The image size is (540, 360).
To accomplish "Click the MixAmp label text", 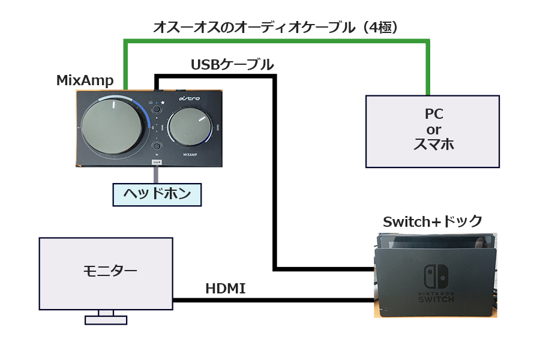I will [x=85, y=80].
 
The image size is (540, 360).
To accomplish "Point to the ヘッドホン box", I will [x=157, y=194].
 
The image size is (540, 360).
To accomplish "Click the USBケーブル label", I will [x=232, y=65].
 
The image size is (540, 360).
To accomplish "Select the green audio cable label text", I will [x=275, y=27].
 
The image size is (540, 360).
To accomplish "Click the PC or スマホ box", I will [x=432, y=131].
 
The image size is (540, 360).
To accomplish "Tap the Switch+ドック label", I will [x=432, y=222].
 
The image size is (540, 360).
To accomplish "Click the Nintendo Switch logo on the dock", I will [x=435, y=277].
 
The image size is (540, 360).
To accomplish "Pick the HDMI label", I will [x=225, y=289].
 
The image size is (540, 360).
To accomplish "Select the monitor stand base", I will [x=106, y=320].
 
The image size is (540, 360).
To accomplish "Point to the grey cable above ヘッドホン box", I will [x=157, y=175].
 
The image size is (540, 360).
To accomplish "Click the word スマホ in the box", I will [x=432, y=145].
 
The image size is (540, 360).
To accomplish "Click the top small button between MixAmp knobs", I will [x=157, y=109].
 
